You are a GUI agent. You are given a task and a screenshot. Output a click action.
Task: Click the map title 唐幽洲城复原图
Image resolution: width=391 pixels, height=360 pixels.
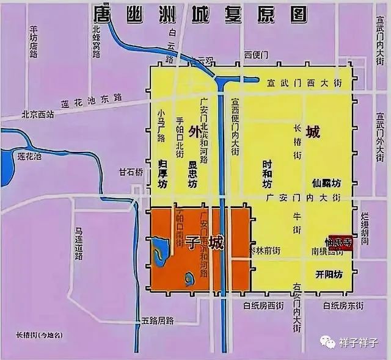[x=197, y=13]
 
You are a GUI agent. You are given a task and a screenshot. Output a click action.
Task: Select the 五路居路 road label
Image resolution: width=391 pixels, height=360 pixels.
[x=157, y=320]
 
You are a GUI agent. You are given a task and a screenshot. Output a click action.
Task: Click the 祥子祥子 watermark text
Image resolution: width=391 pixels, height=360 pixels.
[x=361, y=343]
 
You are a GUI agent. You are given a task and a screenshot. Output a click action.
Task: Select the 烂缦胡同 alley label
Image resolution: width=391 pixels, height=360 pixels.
[x=365, y=229]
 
